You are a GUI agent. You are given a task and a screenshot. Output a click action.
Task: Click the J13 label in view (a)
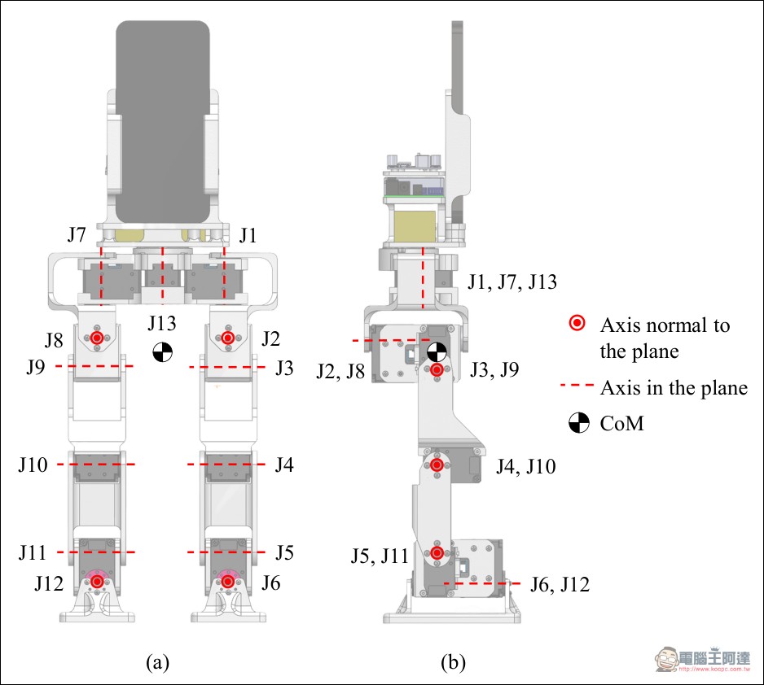click(162, 323)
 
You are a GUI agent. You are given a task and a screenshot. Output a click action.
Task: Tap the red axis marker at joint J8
click(97, 338)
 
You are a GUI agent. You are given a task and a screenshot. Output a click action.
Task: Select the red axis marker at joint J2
click(227, 338)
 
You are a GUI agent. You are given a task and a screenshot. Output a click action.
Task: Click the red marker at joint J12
click(98, 582)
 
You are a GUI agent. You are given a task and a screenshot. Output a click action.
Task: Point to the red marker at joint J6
click(227, 582)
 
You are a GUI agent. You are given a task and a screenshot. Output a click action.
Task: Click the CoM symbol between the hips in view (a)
click(162, 351)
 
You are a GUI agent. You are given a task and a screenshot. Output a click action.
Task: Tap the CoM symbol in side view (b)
click(437, 351)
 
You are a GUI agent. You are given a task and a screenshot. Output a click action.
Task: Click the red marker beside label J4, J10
click(437, 465)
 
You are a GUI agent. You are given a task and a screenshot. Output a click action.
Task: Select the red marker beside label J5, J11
click(437, 552)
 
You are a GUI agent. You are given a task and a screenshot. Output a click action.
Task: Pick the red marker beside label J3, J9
click(437, 369)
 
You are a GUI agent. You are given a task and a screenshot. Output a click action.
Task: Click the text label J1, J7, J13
click(512, 282)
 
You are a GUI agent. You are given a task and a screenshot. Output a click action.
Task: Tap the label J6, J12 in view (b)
click(560, 584)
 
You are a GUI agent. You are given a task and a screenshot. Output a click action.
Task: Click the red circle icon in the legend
click(577, 323)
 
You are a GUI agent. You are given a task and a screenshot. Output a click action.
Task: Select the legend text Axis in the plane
click(674, 388)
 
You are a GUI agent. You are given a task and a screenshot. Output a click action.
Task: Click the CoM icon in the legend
click(579, 423)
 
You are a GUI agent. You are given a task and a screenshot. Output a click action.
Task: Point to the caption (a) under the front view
click(157, 662)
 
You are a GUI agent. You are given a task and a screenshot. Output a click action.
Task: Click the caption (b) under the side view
click(453, 662)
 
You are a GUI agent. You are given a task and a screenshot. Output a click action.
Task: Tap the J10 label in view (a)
click(33, 465)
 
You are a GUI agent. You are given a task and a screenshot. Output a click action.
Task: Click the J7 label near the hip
click(77, 235)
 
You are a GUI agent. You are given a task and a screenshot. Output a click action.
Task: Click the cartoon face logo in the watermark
click(668, 659)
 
